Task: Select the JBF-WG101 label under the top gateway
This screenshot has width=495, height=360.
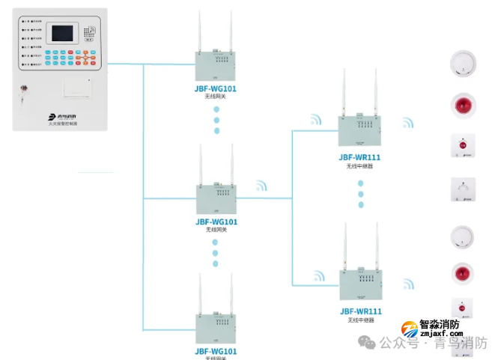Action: tap(216, 88)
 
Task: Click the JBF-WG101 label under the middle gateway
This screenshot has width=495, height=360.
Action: tap(216, 222)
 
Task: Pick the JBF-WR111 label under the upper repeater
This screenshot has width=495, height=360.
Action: tap(359, 157)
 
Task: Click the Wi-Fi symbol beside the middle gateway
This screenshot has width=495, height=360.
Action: tap(261, 185)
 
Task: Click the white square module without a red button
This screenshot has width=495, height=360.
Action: tap(461, 189)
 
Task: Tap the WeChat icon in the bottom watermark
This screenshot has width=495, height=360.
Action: tap(367, 344)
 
